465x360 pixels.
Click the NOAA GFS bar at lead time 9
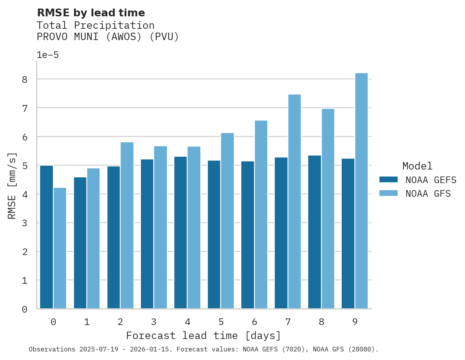point(361,191)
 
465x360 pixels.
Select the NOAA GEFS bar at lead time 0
point(46,237)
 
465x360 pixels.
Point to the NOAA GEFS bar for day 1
point(80,243)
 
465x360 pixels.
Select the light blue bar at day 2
point(127,225)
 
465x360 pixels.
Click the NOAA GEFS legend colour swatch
point(388,180)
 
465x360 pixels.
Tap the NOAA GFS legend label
point(428,194)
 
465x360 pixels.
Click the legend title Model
point(417,166)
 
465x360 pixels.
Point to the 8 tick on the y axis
point(25,79)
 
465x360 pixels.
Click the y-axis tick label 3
point(25,223)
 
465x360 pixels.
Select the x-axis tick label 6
point(254,322)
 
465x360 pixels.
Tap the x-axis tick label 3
point(154,322)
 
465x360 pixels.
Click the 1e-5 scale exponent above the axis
point(47,55)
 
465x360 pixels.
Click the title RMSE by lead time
point(91,13)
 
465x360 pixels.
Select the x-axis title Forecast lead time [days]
point(203,336)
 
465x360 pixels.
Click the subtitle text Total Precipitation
point(95,25)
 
